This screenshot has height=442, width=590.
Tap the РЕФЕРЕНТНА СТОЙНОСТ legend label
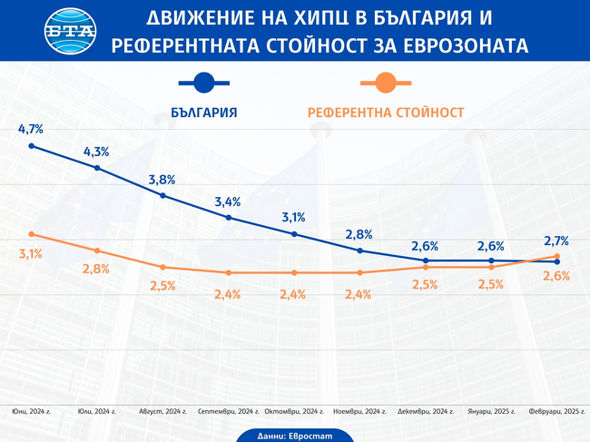[x=386, y=113]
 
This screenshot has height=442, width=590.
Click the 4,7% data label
[x=31, y=130]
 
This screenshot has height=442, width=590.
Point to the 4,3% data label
[x=96, y=152]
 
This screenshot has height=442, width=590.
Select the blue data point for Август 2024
[x=162, y=195]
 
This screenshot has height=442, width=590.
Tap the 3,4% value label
[x=228, y=201]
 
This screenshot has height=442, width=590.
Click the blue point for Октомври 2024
[x=294, y=234]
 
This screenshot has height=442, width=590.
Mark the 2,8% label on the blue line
[x=359, y=235]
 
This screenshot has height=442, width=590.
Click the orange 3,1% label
[x=31, y=253]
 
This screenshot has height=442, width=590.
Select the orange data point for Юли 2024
[x=97, y=250]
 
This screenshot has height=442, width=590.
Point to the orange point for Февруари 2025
[x=556, y=257]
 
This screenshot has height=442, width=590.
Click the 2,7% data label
[x=556, y=241]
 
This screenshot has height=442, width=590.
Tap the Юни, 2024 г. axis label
[x=31, y=412]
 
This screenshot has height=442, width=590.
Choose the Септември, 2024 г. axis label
[x=228, y=412]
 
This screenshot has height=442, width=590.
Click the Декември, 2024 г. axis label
[x=425, y=412]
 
